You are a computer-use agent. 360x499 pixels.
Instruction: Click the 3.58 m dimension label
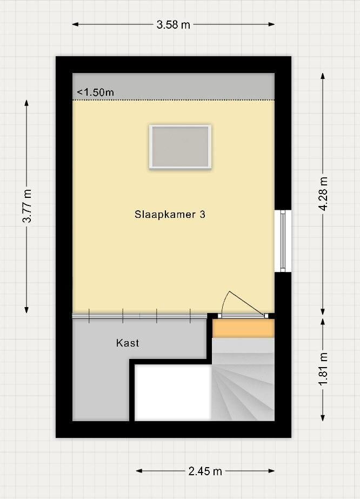173,24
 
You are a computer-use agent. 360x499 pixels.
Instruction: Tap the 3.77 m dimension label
28,205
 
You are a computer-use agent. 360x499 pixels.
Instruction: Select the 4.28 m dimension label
323,194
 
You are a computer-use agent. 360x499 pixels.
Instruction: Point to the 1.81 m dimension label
323,369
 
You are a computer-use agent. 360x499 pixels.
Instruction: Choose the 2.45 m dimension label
205,471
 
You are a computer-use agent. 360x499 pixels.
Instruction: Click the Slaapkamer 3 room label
170,215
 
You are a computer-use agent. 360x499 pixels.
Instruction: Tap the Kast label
128,343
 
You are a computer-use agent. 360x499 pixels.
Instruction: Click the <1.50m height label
96,92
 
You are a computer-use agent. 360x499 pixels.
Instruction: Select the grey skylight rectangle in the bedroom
180,147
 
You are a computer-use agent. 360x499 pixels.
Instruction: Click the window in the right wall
283,241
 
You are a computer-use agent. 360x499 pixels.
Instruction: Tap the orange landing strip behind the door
243,328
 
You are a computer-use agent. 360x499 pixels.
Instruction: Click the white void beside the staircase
173,392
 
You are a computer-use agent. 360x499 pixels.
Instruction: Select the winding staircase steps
243,380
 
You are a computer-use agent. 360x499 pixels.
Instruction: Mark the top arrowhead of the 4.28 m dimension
323,76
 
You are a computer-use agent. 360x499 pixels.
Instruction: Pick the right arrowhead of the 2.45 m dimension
271,471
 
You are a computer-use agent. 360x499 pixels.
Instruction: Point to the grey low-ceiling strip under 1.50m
174,87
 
